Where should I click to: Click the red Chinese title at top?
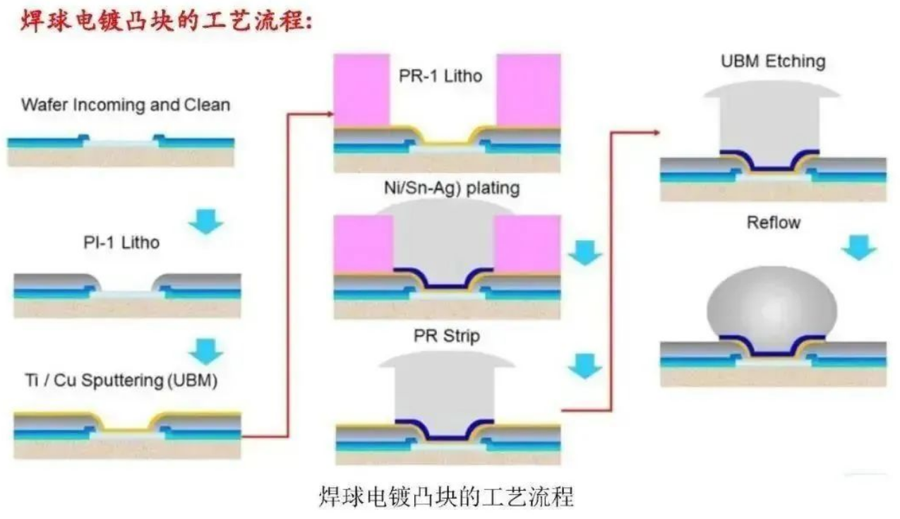point(167,20)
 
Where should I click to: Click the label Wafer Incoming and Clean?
point(126,105)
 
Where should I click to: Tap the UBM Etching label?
point(772,61)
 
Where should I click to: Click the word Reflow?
point(774,223)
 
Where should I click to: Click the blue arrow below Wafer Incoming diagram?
point(206,220)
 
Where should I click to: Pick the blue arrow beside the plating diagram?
point(585,252)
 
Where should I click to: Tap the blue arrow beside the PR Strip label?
point(585,365)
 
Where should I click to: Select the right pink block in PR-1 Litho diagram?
point(529,90)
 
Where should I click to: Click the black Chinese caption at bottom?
point(447,496)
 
